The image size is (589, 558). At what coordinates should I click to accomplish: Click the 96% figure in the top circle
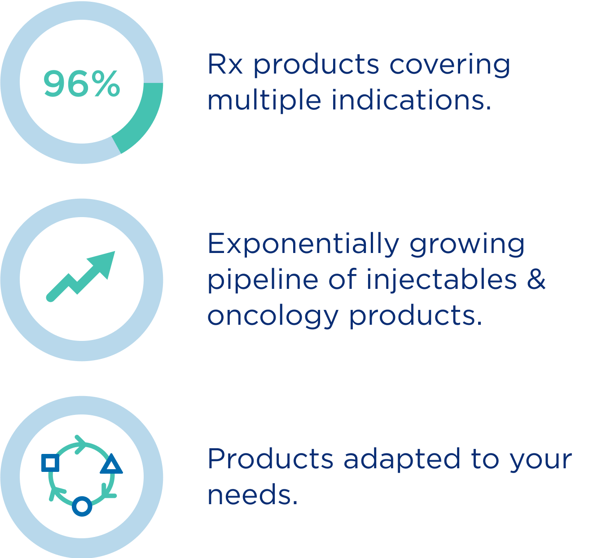coord(82,83)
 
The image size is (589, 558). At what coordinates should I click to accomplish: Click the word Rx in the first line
coord(225,64)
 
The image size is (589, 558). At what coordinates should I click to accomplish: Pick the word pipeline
coord(263,280)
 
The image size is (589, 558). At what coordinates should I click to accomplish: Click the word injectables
coord(442,280)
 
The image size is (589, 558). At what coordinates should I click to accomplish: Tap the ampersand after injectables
coord(536,279)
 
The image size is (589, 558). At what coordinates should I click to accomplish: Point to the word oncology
coord(273,316)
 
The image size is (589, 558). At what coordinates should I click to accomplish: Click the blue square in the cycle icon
coord(50,463)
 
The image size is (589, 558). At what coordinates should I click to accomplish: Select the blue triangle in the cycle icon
coord(111,463)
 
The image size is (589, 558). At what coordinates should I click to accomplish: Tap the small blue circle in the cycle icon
coord(82,506)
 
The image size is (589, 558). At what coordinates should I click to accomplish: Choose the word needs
coord(253,496)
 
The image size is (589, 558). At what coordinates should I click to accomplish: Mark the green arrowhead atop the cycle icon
coord(81,445)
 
